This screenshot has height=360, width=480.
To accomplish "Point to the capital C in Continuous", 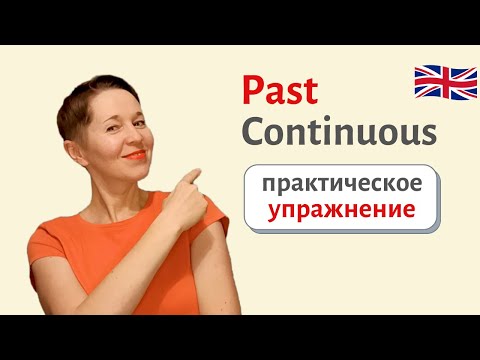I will (256, 132).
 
